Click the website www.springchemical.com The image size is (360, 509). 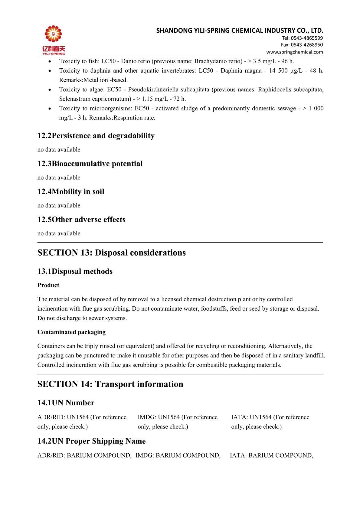coord(294,52)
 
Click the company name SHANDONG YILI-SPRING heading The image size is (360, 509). coord(240,30)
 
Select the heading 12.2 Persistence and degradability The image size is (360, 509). coord(96,135)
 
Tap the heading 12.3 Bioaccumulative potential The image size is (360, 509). coord(90,164)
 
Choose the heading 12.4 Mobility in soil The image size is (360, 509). coord(71,191)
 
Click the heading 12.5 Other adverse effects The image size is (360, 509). coord(81,219)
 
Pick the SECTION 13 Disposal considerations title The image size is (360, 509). coord(112,253)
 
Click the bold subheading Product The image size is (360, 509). coord(48,285)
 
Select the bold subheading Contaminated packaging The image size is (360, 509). coord(72,332)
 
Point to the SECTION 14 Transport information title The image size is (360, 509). coord(110,384)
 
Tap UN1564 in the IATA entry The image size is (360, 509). coord(261,417)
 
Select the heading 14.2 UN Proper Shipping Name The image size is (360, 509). coord(91,441)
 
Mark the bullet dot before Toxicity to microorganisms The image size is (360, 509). coord(50,109)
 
